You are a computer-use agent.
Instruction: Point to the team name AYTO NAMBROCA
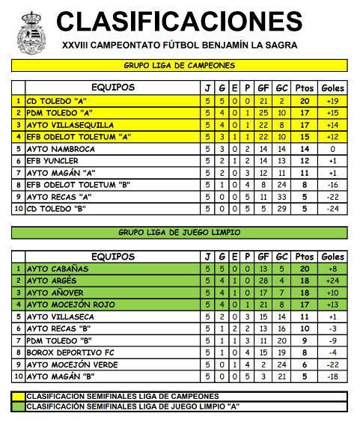[x=61, y=149]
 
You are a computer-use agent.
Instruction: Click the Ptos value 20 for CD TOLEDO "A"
[x=304, y=101]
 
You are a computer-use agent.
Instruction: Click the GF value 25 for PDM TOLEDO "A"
[x=263, y=113]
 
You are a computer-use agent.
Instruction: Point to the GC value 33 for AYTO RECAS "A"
[x=282, y=197]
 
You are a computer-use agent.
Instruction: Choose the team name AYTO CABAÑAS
[x=58, y=269]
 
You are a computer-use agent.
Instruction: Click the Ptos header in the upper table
[x=304, y=88]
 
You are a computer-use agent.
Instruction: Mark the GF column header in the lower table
[x=263, y=256]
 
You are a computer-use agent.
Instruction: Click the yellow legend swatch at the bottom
[x=19, y=396]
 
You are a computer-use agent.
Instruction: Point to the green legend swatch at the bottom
[x=19, y=406]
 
